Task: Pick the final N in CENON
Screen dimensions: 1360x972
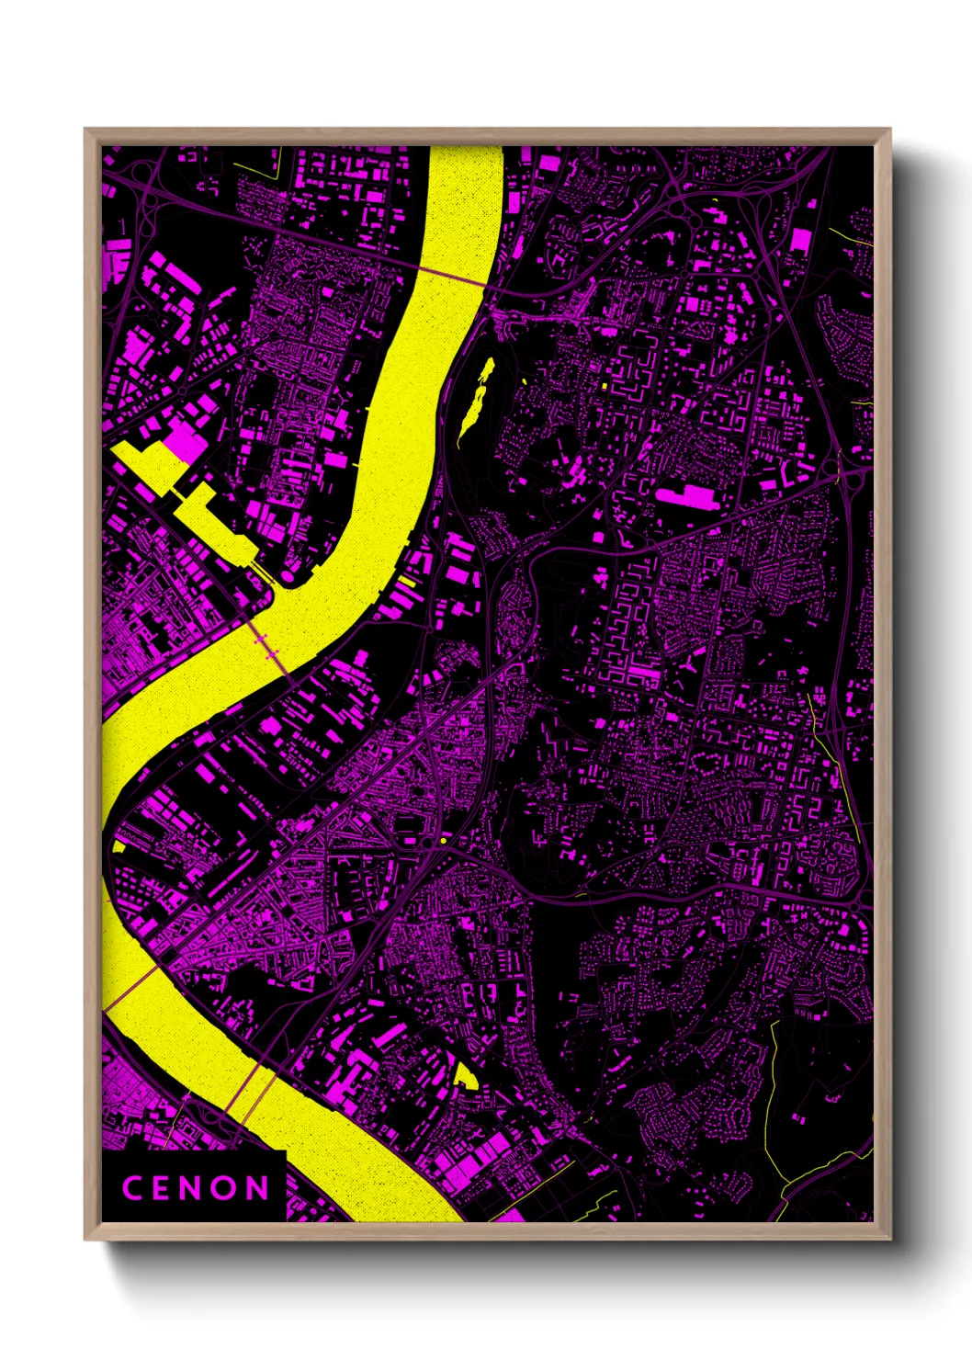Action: [258, 1187]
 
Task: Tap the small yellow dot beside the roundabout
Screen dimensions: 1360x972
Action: [443, 840]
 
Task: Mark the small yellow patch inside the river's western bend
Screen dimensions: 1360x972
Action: [119, 845]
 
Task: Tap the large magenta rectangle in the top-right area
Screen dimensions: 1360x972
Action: [800, 241]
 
